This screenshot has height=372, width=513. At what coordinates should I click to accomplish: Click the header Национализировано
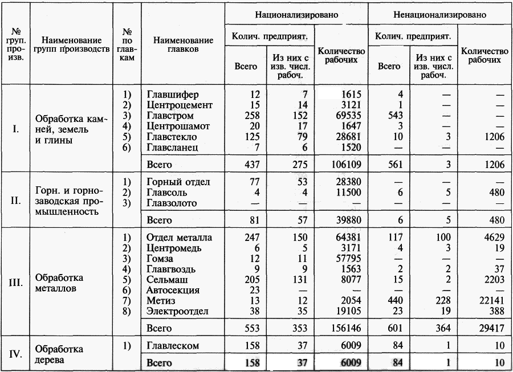296,15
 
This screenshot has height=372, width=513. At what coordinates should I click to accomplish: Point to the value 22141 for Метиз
492,300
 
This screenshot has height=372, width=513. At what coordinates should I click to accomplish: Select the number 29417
492,328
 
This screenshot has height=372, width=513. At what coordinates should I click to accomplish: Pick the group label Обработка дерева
59,354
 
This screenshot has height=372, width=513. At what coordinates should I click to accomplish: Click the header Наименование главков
184,45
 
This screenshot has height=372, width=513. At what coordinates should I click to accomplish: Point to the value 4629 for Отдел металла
494,238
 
